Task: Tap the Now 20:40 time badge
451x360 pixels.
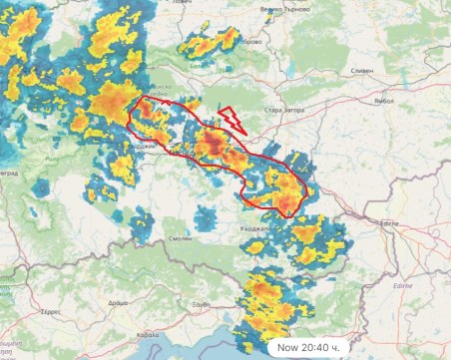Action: tap(309, 347)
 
